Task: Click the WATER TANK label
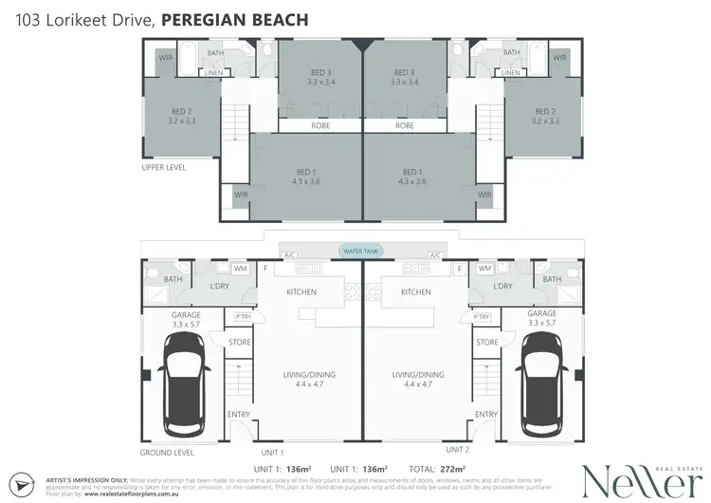(x=362, y=251)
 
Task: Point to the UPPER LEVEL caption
(x=163, y=167)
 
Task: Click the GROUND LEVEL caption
(x=167, y=454)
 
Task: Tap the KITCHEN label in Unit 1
(x=301, y=292)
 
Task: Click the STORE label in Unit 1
(x=238, y=342)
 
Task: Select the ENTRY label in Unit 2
(x=486, y=414)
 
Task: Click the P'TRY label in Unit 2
(x=481, y=316)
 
